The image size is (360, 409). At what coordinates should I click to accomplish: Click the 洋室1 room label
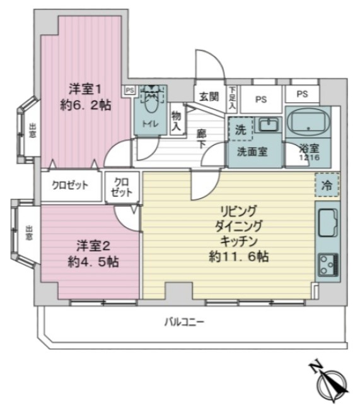(x=84, y=90)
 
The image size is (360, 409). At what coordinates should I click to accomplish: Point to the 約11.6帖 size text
(x=240, y=257)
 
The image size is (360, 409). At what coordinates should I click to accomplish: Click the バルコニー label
(x=184, y=323)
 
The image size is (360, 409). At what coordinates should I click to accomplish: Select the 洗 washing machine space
(x=240, y=129)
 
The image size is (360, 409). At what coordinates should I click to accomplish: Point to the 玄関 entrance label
(x=209, y=97)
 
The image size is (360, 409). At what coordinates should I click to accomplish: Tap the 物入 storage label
(x=176, y=121)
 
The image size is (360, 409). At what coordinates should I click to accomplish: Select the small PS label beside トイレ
(x=129, y=90)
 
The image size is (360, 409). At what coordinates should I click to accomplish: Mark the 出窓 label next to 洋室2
(x=28, y=233)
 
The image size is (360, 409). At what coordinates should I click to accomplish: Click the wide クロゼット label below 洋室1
(x=70, y=185)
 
